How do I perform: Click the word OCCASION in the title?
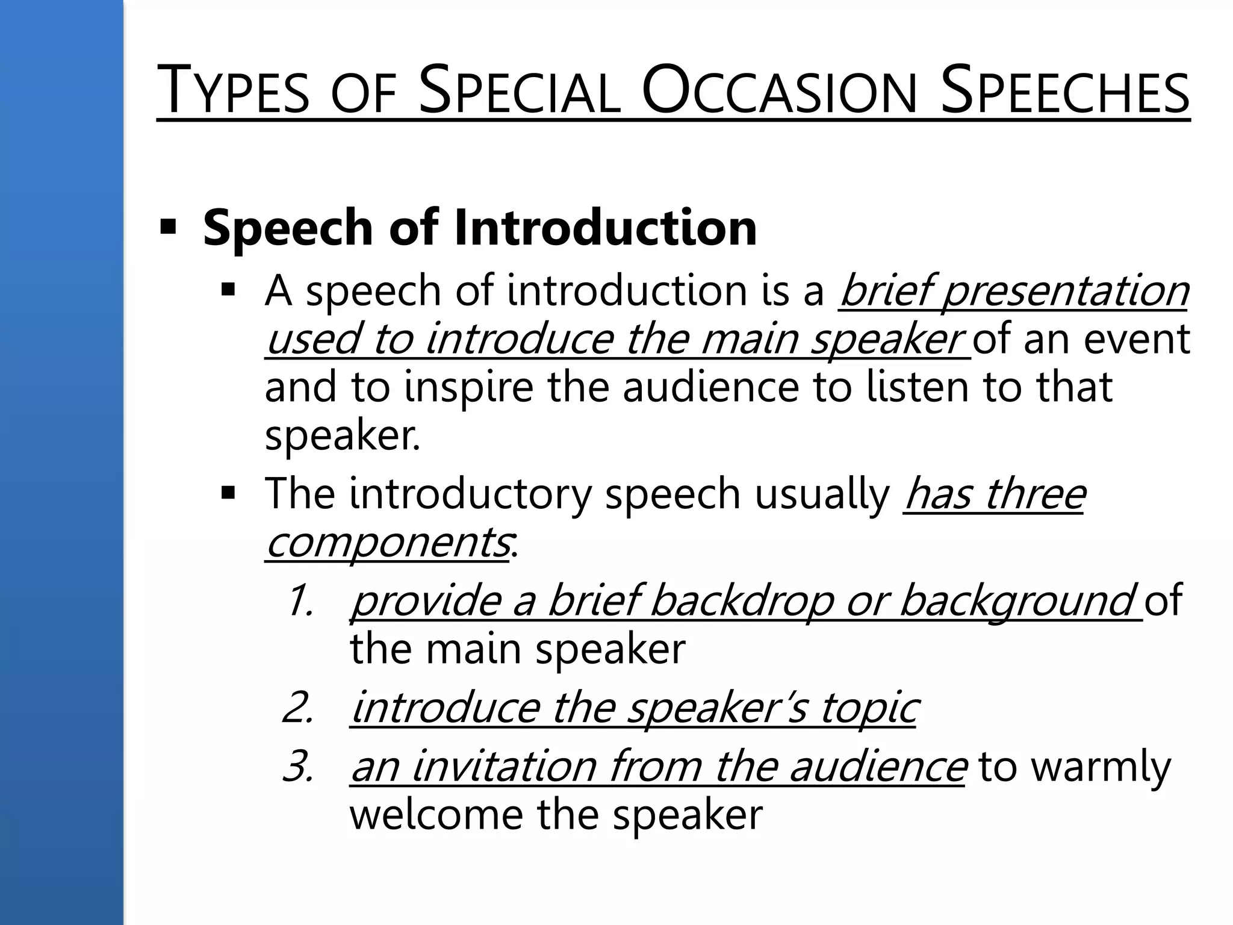(x=779, y=92)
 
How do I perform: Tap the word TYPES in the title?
(x=233, y=92)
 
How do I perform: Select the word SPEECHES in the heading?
(x=1064, y=92)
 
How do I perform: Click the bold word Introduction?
(x=605, y=228)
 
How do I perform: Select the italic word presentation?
(x=1064, y=291)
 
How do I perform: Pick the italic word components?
(x=387, y=542)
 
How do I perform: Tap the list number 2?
(x=299, y=708)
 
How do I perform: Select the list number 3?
(x=299, y=767)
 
